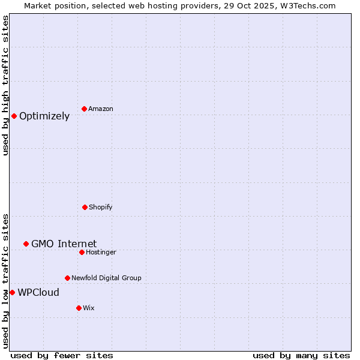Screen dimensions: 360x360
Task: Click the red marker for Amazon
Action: (x=84, y=109)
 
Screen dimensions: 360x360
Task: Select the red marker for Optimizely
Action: (x=14, y=116)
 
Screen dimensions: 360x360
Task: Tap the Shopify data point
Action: (x=85, y=207)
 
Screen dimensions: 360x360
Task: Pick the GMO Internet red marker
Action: (x=26, y=244)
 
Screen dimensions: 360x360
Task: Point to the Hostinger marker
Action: (x=82, y=252)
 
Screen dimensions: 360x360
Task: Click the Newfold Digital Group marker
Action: (x=67, y=278)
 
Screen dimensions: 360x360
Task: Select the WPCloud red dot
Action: (x=12, y=292)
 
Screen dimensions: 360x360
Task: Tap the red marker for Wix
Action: (x=79, y=308)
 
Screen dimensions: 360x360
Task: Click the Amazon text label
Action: (x=101, y=109)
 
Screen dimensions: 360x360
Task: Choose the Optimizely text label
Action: (x=44, y=116)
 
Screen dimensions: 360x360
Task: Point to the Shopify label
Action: (x=101, y=207)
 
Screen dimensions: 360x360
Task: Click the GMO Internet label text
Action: (x=64, y=244)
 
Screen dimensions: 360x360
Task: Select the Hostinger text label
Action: (x=101, y=252)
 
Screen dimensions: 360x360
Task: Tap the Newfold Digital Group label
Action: (x=106, y=278)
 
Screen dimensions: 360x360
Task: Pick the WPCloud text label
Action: (x=38, y=293)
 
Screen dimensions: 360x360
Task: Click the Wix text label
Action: (x=89, y=308)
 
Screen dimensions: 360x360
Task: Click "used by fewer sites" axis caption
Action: (x=62, y=355)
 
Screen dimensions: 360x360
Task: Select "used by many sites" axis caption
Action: (x=301, y=355)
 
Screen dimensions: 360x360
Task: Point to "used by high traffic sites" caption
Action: (x=5, y=85)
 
